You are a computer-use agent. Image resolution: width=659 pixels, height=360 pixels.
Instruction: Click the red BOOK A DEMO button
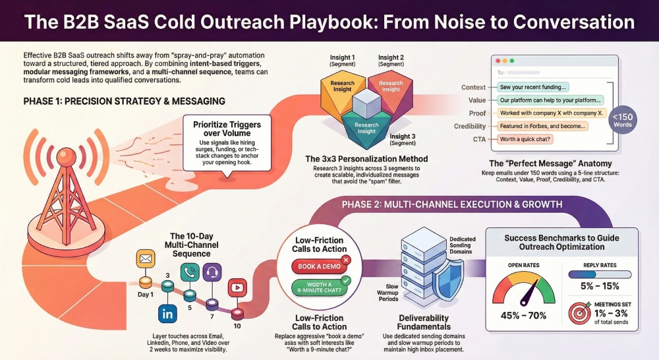coord(320,267)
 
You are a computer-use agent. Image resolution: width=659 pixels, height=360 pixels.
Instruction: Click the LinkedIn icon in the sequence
coord(167,313)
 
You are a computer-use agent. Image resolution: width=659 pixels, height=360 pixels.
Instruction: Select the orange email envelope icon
coord(145,259)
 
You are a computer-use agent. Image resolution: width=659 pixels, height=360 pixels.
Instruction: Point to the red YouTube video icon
coord(236,288)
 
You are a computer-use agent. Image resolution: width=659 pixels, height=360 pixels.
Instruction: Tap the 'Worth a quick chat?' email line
coord(526,139)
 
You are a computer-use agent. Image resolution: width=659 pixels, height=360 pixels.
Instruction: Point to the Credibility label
coord(470,126)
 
